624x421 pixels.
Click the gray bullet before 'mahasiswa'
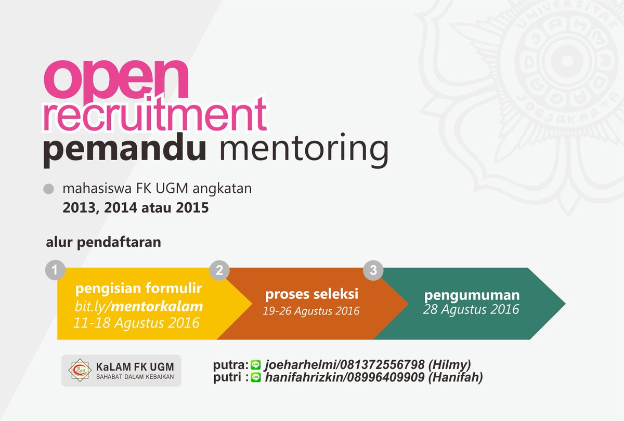point(49,189)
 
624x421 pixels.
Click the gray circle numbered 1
point(56,270)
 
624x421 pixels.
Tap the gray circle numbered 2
point(219,270)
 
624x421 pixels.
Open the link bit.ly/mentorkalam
point(138,307)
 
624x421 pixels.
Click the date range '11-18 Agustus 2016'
point(136,323)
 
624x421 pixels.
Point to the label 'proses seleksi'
point(311,295)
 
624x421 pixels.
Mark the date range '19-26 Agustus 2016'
point(311,311)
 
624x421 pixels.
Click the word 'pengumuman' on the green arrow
point(472,295)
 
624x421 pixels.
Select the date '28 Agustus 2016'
point(471,310)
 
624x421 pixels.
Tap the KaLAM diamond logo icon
point(80,370)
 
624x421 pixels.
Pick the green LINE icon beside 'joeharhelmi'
point(256,365)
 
